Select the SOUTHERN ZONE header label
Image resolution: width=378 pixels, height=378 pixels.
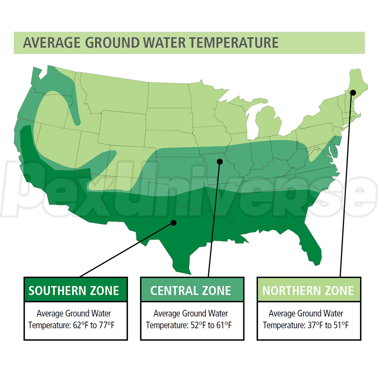pos(74,290)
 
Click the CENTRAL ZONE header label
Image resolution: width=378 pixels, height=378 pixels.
pos(191,290)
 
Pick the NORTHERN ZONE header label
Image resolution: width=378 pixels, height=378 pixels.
pos(308,290)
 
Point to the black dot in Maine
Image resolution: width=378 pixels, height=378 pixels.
pos(353,92)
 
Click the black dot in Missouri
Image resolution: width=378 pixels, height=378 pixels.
pos(220,161)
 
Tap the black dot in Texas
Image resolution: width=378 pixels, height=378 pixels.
pos(174,223)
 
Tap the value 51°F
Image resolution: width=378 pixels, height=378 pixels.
pos(340,325)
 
